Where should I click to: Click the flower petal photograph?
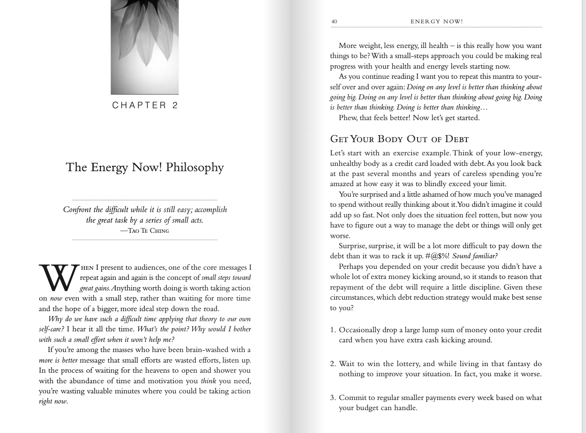pos(145,46)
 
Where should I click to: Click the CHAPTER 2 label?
pos(145,105)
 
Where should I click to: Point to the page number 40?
pos(334,22)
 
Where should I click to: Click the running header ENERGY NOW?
pos(436,22)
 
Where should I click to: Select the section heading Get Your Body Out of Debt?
pos(399,139)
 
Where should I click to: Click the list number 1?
pos(333,330)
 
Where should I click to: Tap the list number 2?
pos(333,364)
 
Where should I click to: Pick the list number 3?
pos(333,398)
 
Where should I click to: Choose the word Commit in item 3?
pos(352,398)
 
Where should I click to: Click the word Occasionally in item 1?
pos(360,330)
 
